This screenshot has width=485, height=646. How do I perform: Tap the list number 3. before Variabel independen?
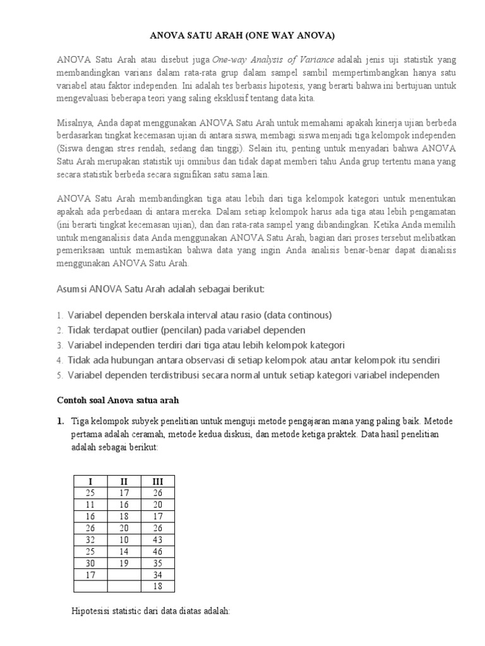tap(59, 345)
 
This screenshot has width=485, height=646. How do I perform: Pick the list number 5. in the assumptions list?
tap(59, 375)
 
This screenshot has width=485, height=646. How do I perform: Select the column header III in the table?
tap(158, 481)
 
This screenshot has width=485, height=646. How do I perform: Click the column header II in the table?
tap(124, 481)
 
